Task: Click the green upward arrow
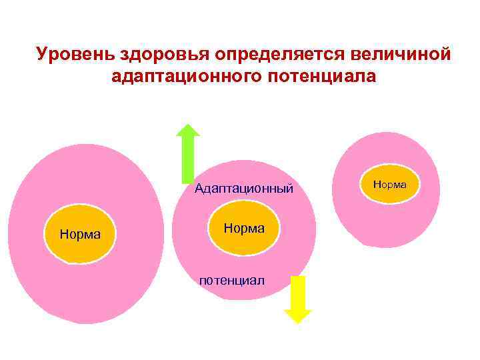(189, 153)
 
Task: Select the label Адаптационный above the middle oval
(244, 189)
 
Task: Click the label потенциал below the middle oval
(231, 281)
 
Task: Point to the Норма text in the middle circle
(244, 228)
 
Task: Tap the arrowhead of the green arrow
(189, 132)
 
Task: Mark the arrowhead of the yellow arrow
(297, 316)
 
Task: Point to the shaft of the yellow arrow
(297, 292)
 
